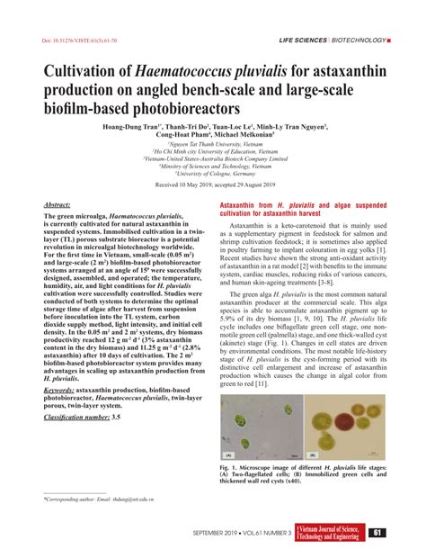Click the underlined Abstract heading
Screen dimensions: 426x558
(x=57, y=205)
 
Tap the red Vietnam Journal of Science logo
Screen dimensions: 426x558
(x=332, y=534)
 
